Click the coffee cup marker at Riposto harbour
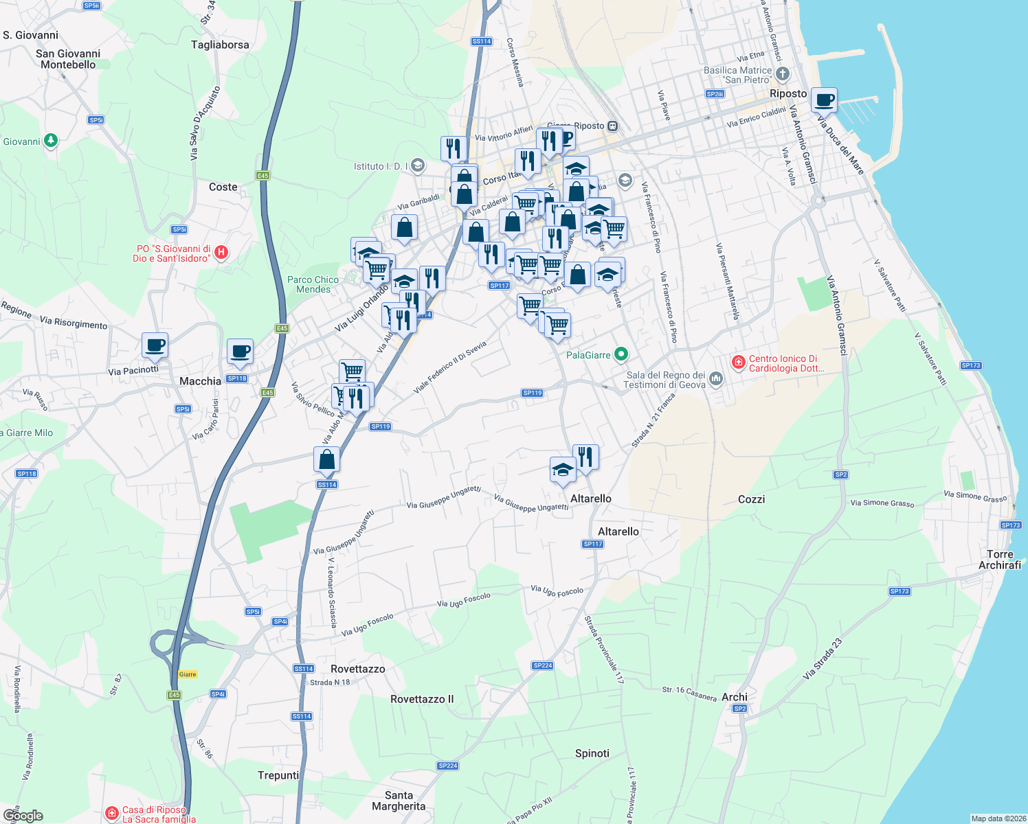824,100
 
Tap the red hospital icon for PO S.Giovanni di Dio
221,253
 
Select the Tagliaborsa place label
220,45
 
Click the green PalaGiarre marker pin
621,354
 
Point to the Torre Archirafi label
1000,560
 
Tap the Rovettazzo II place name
422,699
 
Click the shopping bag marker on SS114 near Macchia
327,459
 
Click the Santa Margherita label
399,801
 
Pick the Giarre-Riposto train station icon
613,126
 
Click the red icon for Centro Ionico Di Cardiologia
739,362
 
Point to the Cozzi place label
751,499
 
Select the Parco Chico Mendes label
313,284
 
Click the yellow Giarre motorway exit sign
188,674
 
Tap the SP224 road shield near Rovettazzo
543,665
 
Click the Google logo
23,815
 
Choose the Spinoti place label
592,753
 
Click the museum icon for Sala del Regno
715,378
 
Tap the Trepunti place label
278,775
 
